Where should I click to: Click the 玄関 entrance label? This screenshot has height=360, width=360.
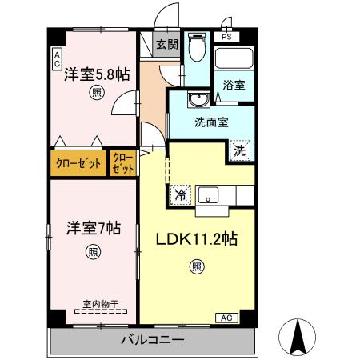tap(166, 45)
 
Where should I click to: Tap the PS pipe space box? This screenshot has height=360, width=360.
tap(226, 36)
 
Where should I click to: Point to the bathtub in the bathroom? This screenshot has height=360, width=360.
tap(234, 58)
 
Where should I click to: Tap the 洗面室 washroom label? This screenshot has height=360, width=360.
tap(212, 123)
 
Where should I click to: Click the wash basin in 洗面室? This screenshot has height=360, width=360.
tap(196, 99)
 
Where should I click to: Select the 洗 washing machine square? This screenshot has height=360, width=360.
tap(239, 149)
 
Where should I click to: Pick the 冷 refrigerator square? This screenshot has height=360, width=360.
tap(182, 194)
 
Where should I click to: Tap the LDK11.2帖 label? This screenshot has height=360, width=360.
tap(196, 238)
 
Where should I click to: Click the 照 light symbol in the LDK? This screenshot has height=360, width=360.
tap(197, 269)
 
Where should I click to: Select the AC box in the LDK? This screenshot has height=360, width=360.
tap(227, 318)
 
